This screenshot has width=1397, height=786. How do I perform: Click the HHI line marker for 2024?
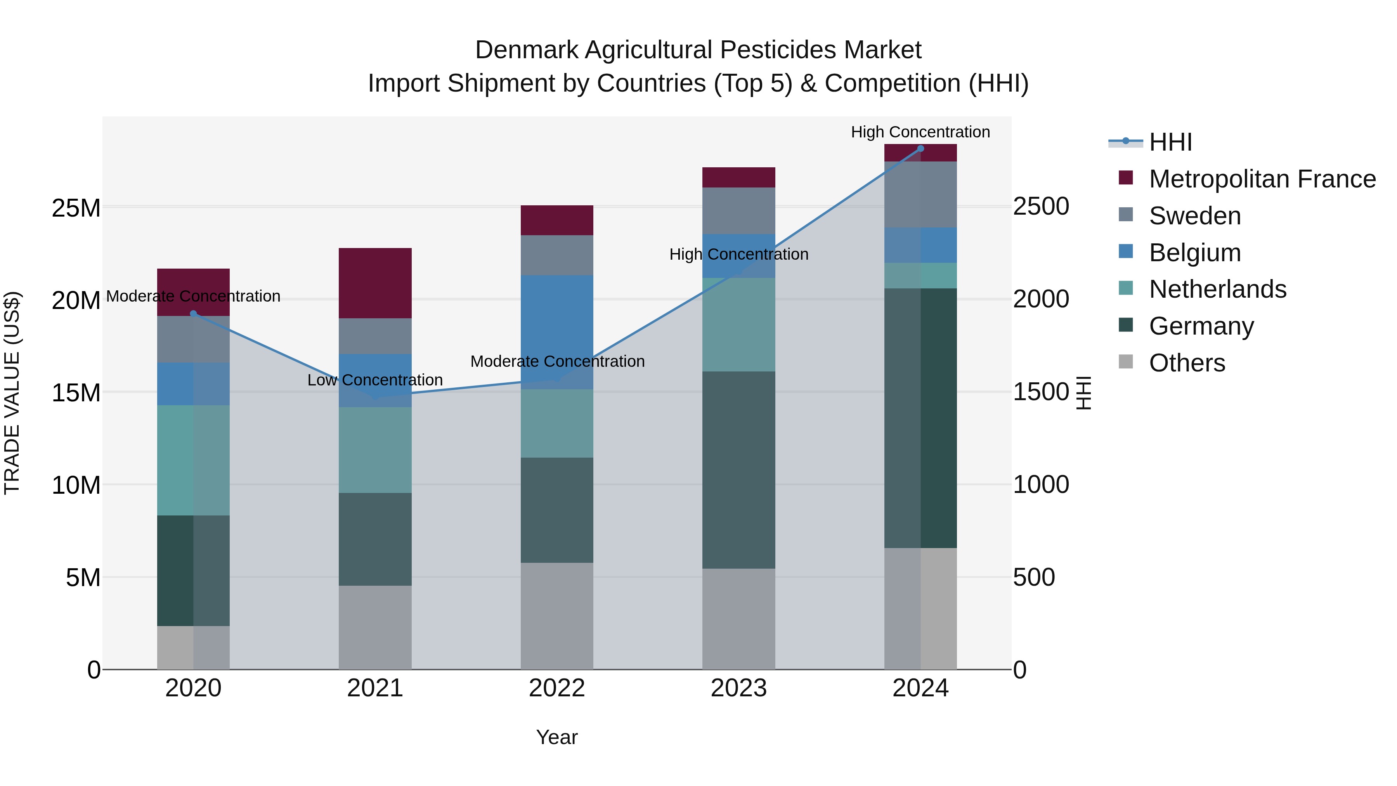[x=920, y=149]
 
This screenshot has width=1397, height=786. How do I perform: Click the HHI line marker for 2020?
[x=194, y=314]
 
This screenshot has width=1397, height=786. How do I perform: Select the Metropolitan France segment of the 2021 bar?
[x=375, y=283]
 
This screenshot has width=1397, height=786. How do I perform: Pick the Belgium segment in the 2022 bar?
[x=557, y=332]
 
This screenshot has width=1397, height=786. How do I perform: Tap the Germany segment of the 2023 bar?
[x=738, y=470]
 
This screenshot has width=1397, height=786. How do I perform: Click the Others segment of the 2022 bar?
[x=557, y=616]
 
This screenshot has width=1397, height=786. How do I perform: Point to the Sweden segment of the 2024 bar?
[x=920, y=194]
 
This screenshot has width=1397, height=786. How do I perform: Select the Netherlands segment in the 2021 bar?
[x=375, y=450]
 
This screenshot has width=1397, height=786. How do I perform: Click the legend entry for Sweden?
[x=1195, y=216]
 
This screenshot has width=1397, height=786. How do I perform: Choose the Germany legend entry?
[x=1201, y=326]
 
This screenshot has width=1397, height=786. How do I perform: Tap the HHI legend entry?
[x=1170, y=142]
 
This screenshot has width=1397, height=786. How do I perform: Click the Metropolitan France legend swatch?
[x=1126, y=178]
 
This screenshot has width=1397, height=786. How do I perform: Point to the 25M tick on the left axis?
[x=76, y=208]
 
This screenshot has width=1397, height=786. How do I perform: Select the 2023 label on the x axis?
[x=738, y=688]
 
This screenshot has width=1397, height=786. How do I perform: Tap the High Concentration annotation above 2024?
[x=920, y=132]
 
